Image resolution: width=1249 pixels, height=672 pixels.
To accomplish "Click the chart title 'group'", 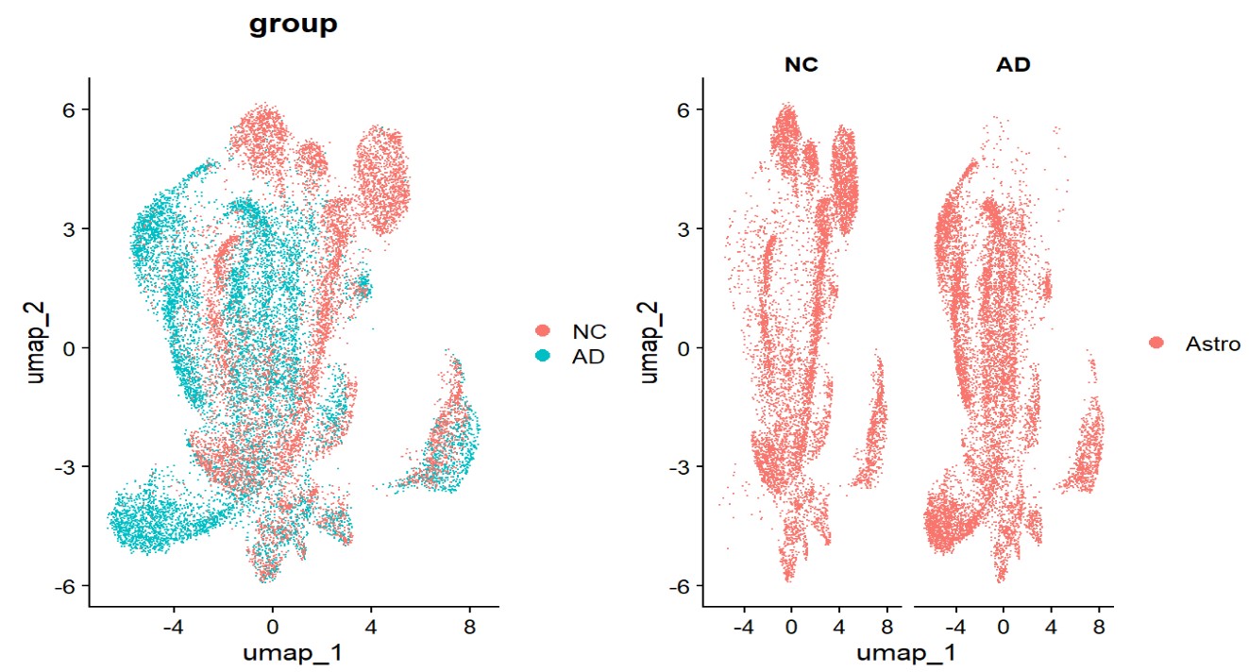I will coord(293,25).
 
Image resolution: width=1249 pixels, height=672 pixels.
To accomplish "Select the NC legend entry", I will coord(587,331).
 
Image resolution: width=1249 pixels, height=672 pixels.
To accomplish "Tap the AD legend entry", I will coord(587,356).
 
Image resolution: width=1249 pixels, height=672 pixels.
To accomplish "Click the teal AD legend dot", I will coord(543,356).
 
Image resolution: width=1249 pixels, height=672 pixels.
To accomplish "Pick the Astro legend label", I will coord(1212,344).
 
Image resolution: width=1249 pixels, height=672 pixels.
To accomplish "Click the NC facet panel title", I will coord(800,66).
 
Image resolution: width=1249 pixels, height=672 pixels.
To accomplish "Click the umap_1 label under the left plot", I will coord(293,651).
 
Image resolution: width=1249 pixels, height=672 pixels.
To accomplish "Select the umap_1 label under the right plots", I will coord(906,651).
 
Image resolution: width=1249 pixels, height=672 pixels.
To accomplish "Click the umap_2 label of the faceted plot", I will coord(649,342).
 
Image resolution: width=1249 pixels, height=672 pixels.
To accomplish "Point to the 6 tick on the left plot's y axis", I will coord(70,109).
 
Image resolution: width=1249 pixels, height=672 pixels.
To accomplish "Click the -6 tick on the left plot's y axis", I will coord(66,585).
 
